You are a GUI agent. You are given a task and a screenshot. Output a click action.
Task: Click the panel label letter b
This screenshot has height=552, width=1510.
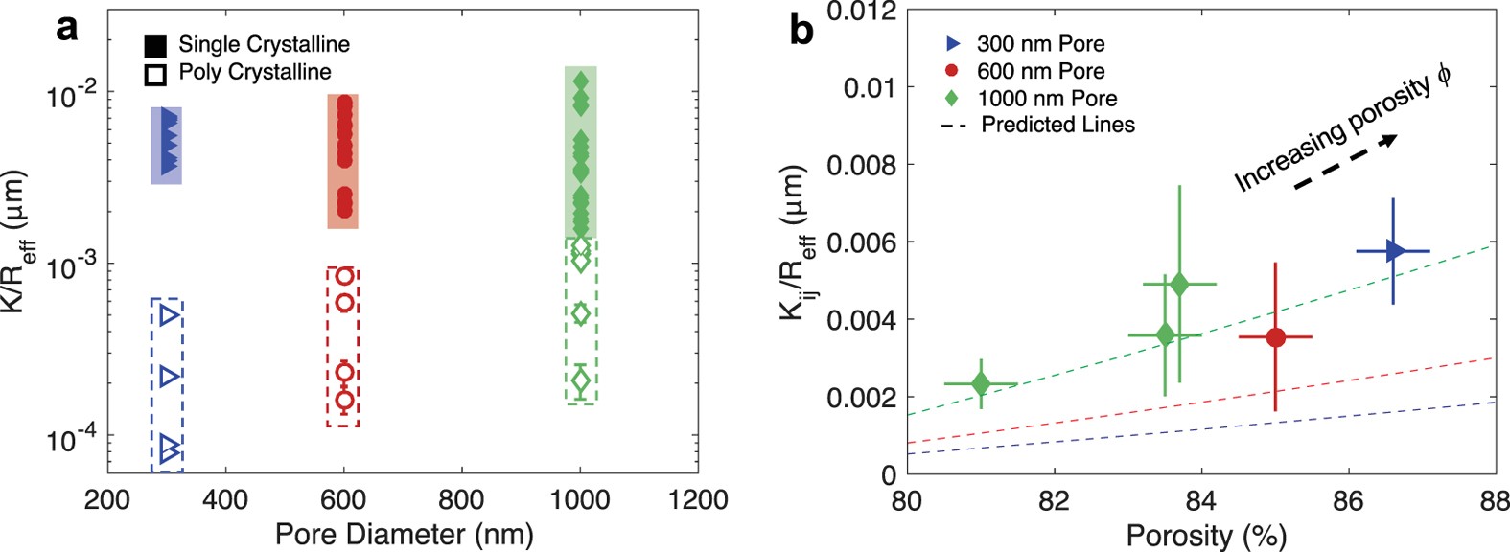click(801, 30)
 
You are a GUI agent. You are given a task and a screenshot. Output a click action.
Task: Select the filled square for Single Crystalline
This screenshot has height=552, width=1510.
click(156, 45)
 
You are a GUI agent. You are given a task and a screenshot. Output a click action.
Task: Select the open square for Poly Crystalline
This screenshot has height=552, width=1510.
click(156, 74)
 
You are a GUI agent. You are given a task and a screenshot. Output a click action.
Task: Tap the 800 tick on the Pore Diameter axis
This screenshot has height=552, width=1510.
click(461, 499)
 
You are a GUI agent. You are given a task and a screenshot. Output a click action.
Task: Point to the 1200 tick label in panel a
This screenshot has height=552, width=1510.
click(698, 499)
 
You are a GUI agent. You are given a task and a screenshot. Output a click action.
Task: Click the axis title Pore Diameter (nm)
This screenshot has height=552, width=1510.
click(404, 533)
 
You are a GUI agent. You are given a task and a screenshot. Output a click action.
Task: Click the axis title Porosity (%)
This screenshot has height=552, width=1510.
click(1205, 535)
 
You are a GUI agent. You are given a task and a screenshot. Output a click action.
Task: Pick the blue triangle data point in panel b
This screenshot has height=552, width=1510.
click(1394, 251)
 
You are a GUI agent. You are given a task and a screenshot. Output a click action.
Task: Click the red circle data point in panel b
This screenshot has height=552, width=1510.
click(1275, 336)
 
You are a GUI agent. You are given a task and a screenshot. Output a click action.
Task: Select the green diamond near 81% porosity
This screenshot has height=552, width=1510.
click(981, 383)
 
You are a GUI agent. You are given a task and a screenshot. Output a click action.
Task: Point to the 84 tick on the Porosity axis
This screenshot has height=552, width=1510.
click(1201, 499)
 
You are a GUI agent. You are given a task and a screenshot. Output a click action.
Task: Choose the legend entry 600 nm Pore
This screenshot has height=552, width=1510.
click(1040, 71)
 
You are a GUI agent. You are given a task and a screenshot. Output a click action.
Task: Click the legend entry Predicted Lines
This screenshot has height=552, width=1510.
click(1057, 125)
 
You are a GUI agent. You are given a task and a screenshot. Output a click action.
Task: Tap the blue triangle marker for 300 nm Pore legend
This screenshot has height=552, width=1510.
click(952, 44)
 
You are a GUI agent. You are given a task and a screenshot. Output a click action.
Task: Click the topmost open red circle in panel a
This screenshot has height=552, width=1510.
click(345, 277)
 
